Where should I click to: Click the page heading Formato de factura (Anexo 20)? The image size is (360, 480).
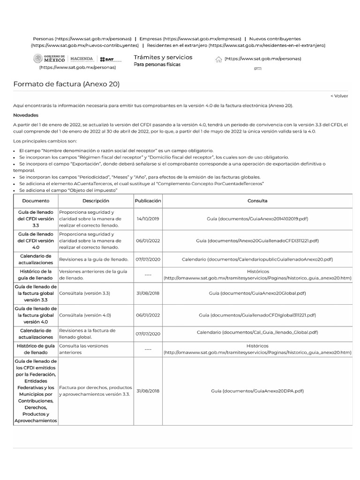click(66, 84)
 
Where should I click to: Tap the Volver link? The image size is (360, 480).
click(339, 96)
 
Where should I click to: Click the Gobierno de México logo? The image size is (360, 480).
click(49, 59)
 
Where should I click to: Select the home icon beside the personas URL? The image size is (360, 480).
click(218, 59)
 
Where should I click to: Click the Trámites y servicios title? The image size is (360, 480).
click(163, 57)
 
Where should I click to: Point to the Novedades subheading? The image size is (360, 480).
click(26, 115)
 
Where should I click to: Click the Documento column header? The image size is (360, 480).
click(35, 201)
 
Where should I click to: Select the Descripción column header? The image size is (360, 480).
click(96, 201)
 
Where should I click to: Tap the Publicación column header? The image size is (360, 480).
click(148, 201)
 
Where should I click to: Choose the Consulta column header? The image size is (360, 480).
click(257, 201)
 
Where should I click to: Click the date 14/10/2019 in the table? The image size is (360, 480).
click(148, 219)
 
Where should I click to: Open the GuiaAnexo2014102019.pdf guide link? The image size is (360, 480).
click(257, 219)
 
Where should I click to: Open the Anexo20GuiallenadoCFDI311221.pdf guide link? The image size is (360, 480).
click(257, 240)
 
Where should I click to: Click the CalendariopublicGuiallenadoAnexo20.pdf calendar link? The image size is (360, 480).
click(257, 259)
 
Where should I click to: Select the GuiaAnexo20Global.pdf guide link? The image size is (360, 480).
click(257, 293)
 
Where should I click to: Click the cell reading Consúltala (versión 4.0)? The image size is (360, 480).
click(85, 315)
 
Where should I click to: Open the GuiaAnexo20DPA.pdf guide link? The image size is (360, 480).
click(257, 390)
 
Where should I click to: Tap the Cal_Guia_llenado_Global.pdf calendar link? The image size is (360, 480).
click(257, 332)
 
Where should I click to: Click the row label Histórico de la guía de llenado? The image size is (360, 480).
click(35, 274)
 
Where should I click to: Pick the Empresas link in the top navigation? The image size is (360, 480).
click(190, 38)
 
